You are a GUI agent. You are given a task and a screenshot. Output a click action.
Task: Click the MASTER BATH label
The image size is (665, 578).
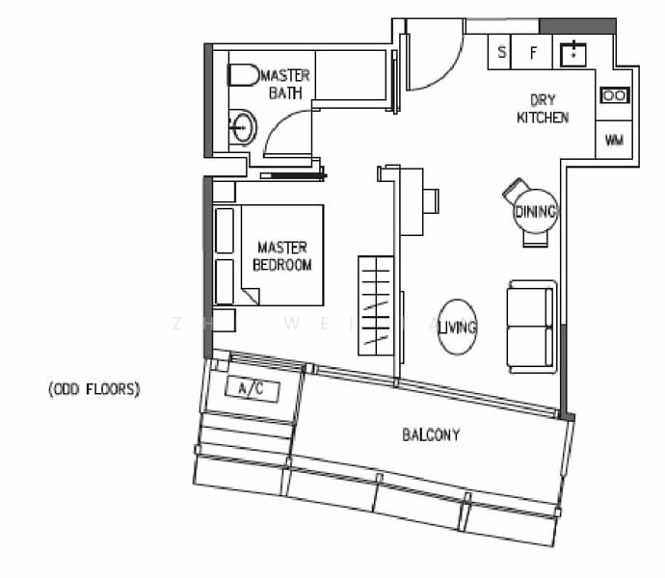coord(285,84)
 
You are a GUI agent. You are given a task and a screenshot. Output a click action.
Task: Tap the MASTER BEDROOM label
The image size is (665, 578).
coord(281,256)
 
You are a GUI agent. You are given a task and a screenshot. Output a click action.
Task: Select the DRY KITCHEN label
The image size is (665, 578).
coord(543,109)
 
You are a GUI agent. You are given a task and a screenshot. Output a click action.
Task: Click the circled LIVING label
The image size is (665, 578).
coord(457,328)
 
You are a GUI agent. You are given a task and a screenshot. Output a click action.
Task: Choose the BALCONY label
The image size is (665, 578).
coord(431,435)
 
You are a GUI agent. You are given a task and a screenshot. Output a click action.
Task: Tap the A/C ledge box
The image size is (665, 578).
coord(251,390)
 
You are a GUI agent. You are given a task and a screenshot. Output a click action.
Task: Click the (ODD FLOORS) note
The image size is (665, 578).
coord(94,390)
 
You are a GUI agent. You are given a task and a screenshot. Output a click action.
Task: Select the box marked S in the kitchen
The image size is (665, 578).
coord(501,53)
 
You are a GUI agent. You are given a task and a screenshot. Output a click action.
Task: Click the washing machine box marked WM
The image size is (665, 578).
coord(614,140)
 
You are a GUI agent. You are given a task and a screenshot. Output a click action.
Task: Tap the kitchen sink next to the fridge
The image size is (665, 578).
coord(574,52)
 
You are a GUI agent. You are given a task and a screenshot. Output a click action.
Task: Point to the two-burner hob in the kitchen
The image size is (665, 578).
coord(614,95)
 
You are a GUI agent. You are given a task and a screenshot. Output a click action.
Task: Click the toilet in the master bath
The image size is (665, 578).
coord(242,75)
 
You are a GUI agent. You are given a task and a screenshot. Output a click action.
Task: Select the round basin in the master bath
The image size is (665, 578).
coord(243,127)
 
